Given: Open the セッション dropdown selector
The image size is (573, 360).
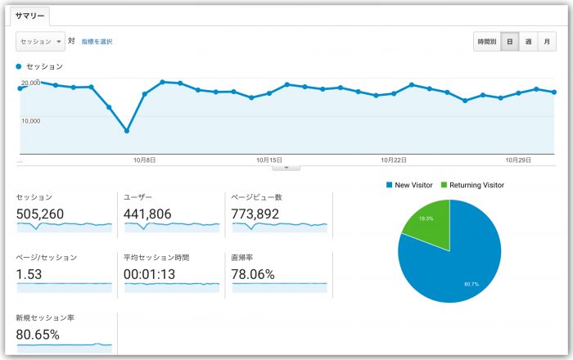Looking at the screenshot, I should [39, 41].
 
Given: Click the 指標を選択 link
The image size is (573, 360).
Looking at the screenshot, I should [97, 41].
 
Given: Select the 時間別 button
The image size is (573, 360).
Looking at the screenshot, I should [487, 42].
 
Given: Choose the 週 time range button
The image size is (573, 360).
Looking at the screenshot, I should [528, 42].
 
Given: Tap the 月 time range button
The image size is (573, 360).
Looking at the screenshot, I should [547, 42].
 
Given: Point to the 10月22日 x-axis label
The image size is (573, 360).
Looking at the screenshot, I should [394, 160].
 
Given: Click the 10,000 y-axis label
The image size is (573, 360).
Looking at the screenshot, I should [30, 119].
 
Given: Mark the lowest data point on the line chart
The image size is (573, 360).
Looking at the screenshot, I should [126, 131].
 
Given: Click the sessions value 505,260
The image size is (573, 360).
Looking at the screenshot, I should [40, 214].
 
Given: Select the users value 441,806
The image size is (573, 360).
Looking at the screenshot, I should [147, 214].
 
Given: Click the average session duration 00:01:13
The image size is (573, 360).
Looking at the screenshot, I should [150, 274].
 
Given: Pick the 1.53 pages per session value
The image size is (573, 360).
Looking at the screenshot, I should [29, 274].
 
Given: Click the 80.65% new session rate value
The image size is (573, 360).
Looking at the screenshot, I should [38, 334].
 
